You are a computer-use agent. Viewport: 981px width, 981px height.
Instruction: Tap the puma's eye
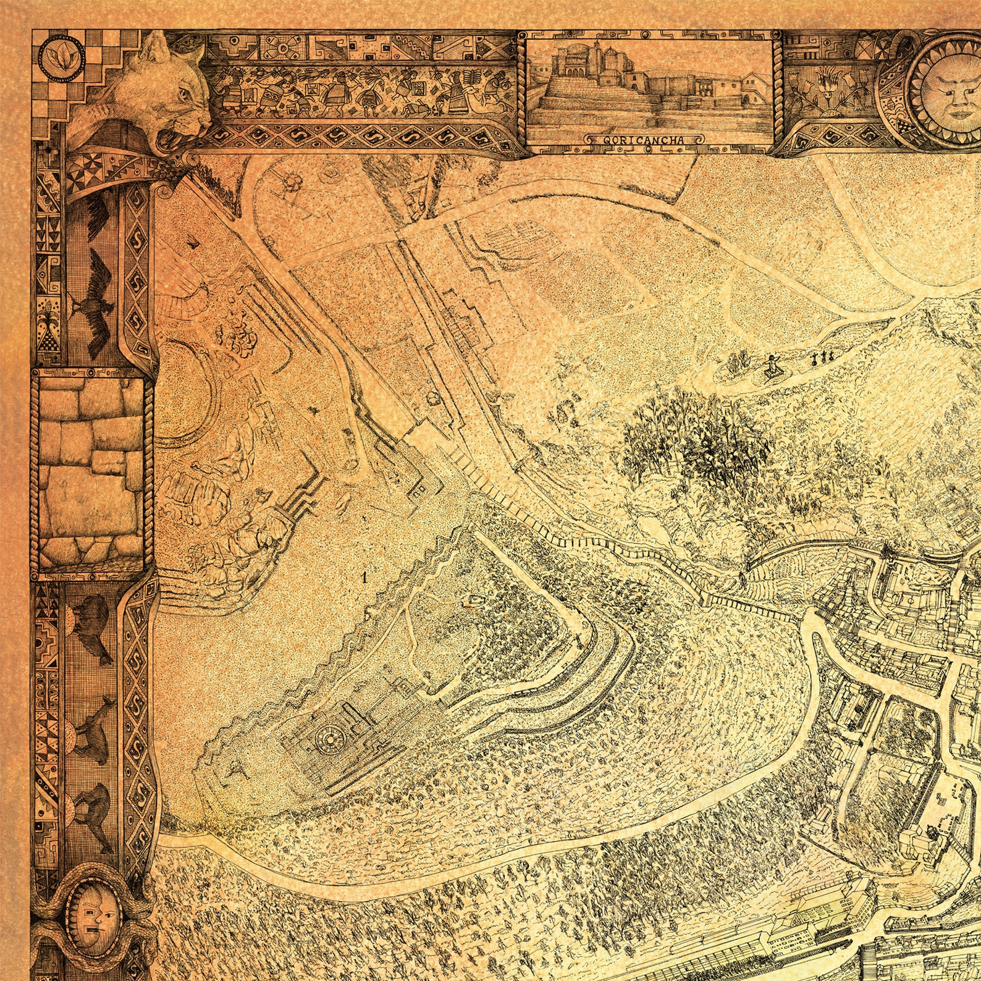(184, 95)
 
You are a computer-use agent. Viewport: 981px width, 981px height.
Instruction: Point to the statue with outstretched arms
(771, 367)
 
